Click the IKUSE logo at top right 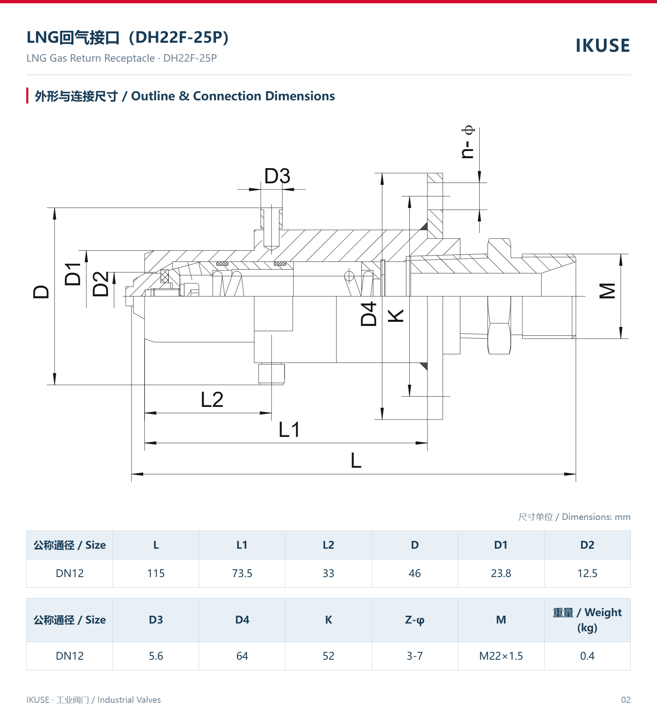(x=602, y=46)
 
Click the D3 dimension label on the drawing (x=277, y=176)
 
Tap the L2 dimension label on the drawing (x=212, y=400)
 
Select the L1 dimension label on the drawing (x=289, y=430)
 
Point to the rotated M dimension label (x=608, y=291)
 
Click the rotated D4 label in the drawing (x=369, y=314)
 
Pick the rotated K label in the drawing (x=396, y=316)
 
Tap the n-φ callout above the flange (x=468, y=142)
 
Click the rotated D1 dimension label (x=73, y=274)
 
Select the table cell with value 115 (x=156, y=573)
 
